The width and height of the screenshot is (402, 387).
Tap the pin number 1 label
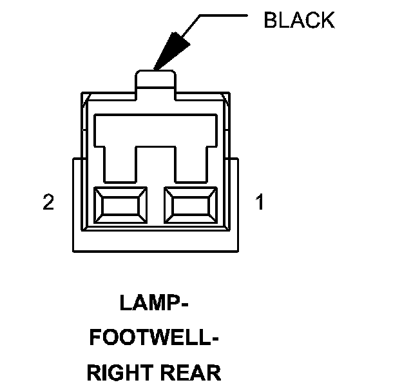pyautogui.click(x=260, y=203)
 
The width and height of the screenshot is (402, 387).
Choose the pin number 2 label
pyautogui.click(x=48, y=203)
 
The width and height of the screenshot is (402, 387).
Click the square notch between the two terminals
pyautogui.click(x=155, y=164)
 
